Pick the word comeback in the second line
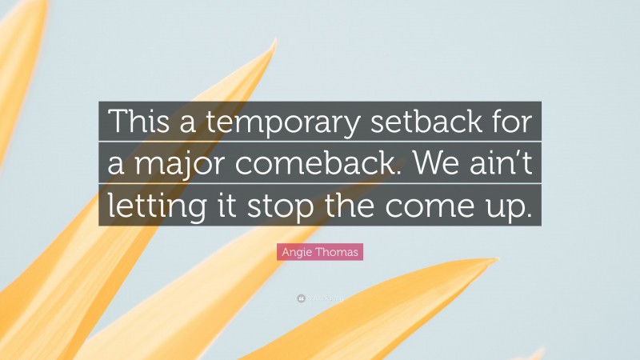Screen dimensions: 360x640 coord(310,165)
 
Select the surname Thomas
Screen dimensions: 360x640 coord(338,253)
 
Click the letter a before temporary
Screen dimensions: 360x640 coord(176,123)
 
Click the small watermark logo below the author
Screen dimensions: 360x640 coord(301,298)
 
